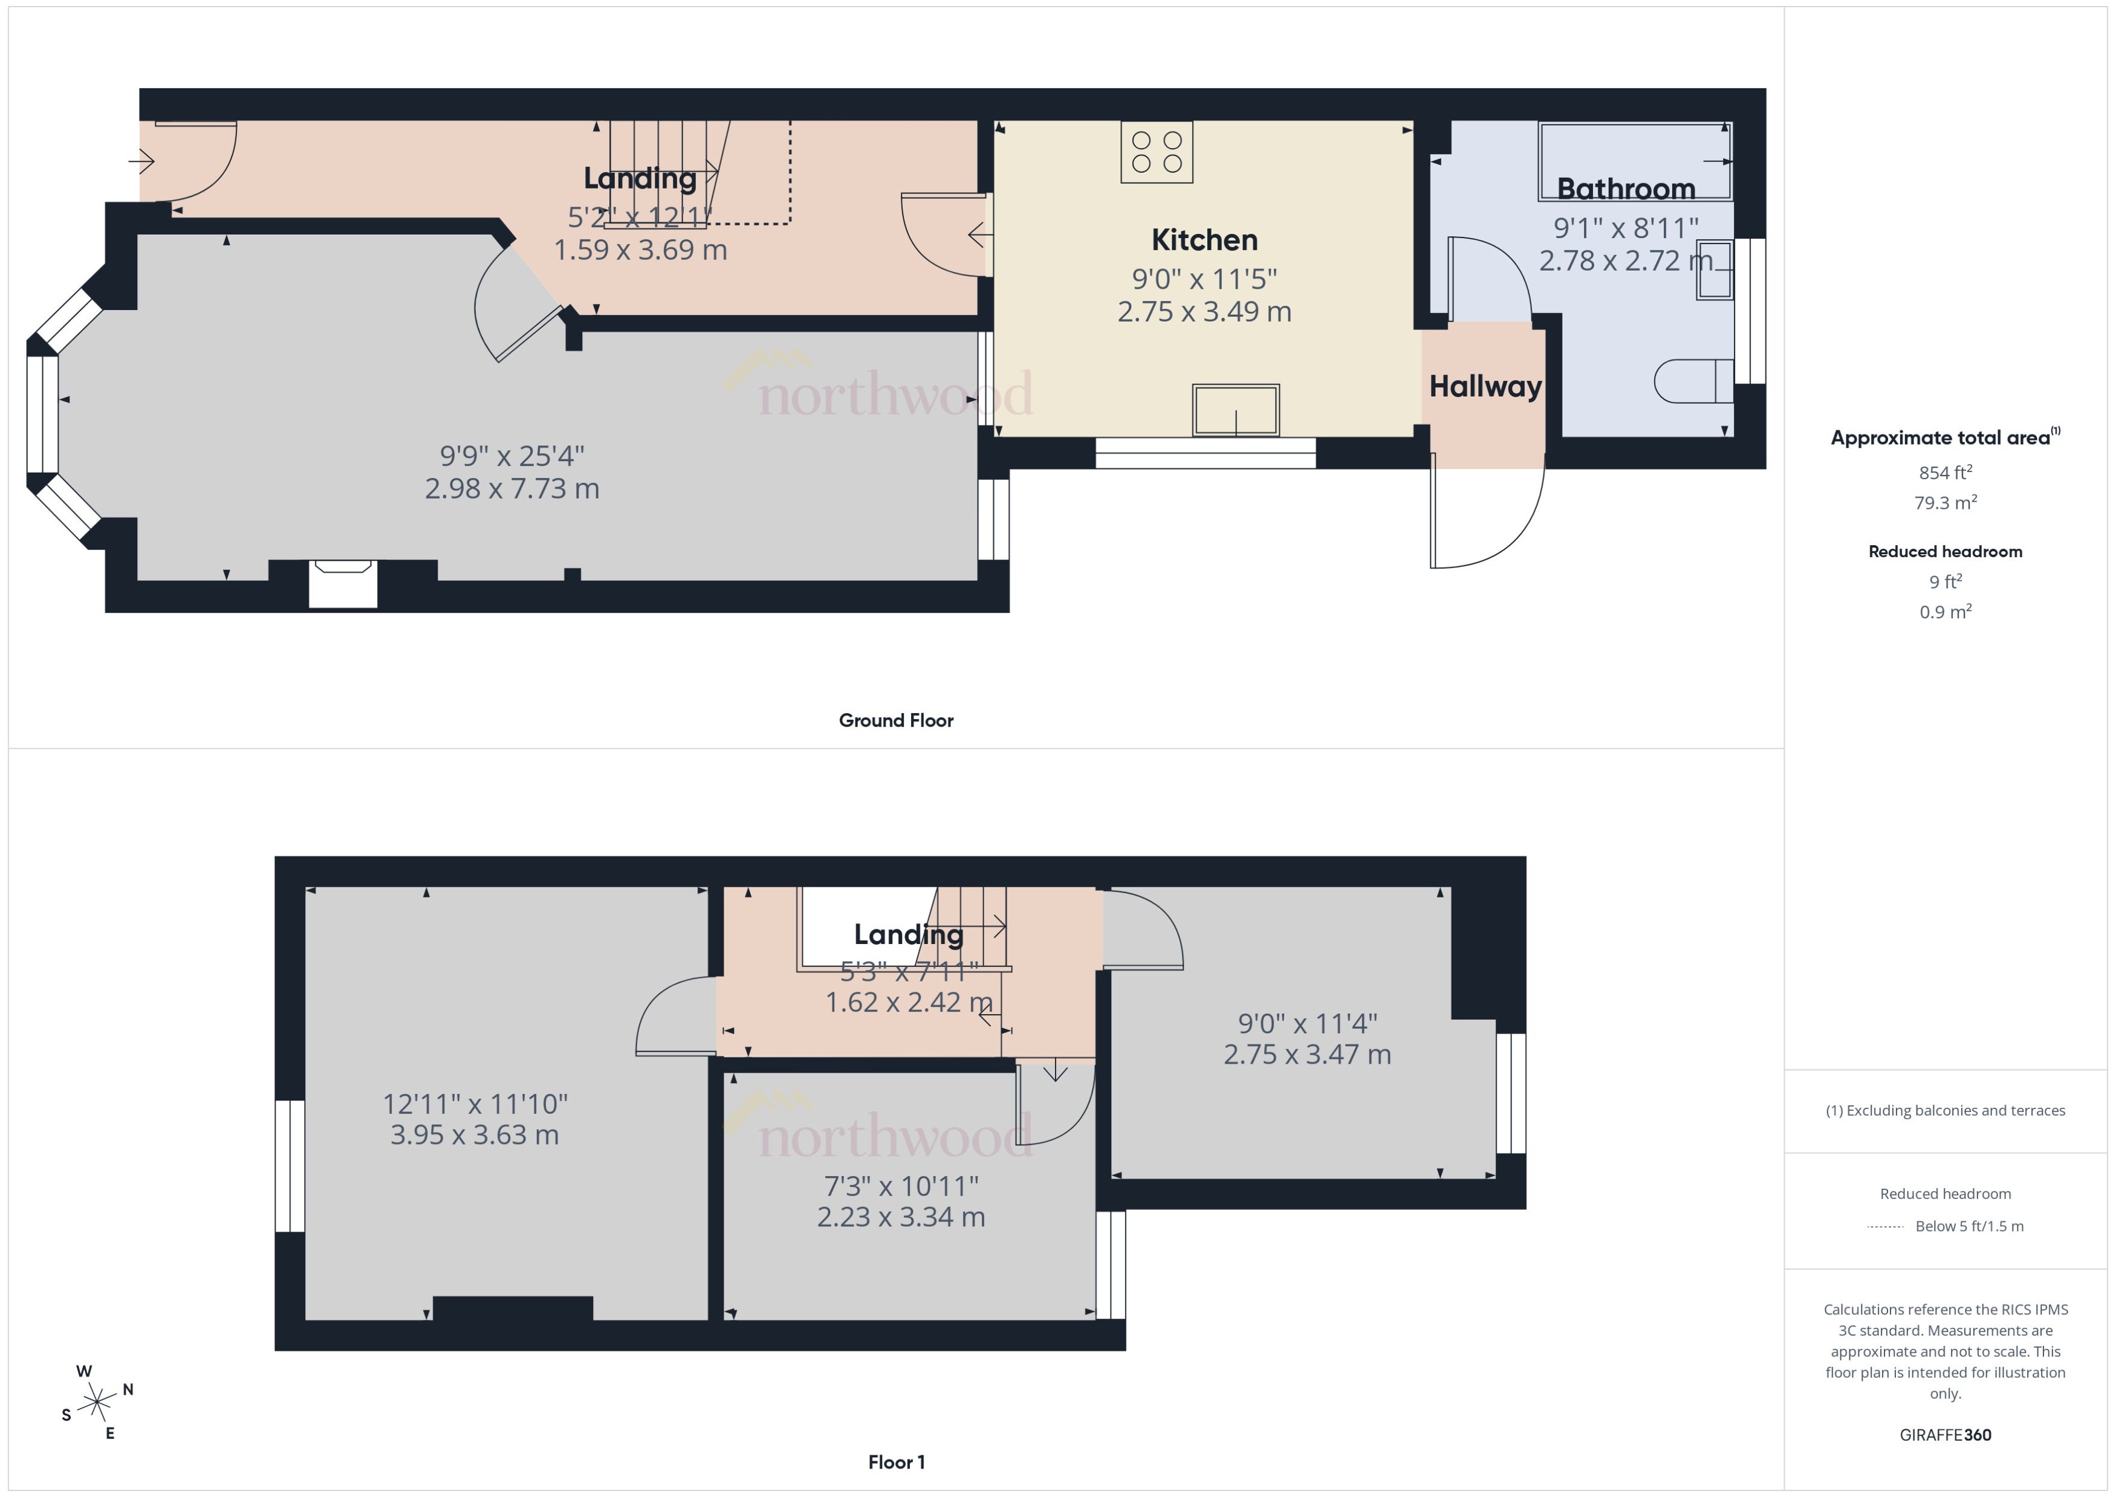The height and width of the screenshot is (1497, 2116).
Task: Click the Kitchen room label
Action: [x=1204, y=240]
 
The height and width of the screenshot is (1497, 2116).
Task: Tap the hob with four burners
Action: [x=1156, y=152]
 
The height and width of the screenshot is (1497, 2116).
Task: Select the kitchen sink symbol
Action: [x=1236, y=410]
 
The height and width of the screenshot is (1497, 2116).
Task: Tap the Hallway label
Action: [x=1484, y=386]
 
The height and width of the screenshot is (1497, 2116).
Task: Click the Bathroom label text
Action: [x=1626, y=189]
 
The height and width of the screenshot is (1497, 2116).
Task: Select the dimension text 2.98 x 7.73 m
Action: [x=511, y=488]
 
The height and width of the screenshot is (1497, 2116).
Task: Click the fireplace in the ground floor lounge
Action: [x=343, y=583]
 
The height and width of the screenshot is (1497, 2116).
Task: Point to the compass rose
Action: [x=97, y=1403]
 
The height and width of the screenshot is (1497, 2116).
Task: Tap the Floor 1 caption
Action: [x=895, y=1462]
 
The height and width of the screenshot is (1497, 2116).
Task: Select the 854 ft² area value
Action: [x=1944, y=473]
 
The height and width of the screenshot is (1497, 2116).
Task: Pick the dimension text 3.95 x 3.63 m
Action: [x=474, y=1135]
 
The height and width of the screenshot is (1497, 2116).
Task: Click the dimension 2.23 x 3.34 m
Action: [x=901, y=1217]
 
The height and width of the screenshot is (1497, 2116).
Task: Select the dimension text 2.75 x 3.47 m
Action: [x=1306, y=1055]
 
